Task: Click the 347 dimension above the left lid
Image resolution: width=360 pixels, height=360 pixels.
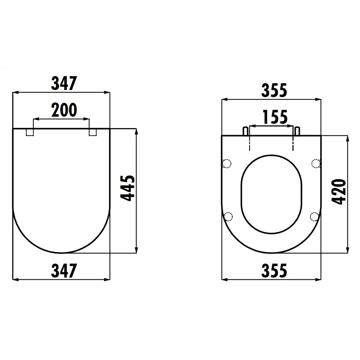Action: [64, 84]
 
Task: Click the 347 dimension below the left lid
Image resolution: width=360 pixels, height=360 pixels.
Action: [64, 270]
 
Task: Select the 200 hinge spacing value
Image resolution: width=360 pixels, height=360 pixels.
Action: [64, 110]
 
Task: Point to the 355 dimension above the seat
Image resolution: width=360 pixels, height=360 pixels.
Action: [274, 90]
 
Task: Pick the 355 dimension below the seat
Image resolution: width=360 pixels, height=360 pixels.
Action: [274, 270]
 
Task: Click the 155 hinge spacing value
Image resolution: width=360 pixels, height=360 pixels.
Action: [274, 117]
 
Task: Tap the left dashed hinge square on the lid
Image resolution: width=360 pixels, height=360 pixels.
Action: [30, 132]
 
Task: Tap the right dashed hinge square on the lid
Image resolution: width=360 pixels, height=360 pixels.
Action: [93, 132]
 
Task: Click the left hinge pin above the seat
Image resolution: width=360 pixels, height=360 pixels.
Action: [246, 131]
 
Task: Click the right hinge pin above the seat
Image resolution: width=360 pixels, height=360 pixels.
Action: [297, 131]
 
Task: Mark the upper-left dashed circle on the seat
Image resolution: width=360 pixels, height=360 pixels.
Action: [227, 164]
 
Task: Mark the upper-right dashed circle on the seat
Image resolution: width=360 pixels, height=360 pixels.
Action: [315, 164]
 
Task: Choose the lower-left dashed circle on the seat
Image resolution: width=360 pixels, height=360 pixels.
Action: [228, 216]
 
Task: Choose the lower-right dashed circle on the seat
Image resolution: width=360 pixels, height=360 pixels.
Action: [314, 216]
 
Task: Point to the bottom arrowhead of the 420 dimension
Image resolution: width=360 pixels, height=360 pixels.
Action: [347, 251]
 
